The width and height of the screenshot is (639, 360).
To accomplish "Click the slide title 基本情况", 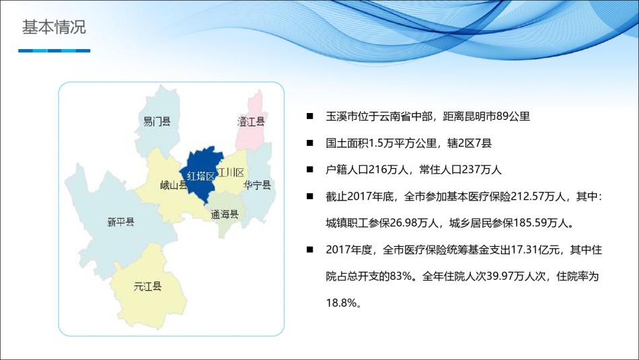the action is pos(54,27).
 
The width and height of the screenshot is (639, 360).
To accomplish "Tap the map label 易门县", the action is pos(157,122).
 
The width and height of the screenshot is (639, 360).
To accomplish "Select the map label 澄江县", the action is pos(251,122).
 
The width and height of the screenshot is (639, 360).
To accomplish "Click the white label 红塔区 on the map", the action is pos(201,176).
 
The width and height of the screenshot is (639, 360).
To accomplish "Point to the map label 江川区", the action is pos(231,172).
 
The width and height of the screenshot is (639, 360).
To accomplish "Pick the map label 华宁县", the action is pos(258,185).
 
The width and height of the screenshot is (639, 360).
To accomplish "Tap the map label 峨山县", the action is pos(174,186).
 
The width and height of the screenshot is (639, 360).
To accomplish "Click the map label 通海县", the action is pos(225,215).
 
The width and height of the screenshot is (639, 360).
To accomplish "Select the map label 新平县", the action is pos(120,222).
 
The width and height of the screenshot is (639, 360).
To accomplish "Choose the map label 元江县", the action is pos(147,286).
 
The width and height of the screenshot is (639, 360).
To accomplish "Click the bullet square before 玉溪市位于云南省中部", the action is pos(310,116).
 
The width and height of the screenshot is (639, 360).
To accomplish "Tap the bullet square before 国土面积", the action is pos(310,143).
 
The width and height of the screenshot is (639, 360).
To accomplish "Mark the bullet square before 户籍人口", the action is pos(310,170).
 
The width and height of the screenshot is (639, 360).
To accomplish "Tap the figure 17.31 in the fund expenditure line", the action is pos(525,250).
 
